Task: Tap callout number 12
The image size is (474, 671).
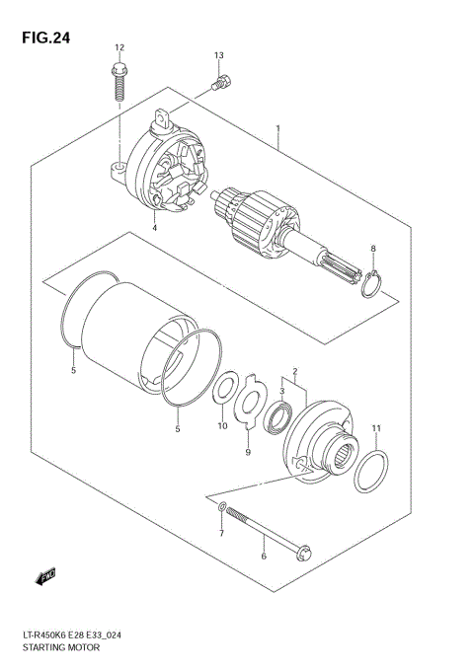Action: (119, 47)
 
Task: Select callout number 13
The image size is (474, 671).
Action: (218, 55)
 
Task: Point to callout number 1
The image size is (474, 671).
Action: (278, 128)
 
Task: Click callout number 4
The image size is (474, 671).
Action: (155, 228)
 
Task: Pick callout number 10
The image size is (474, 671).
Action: (222, 427)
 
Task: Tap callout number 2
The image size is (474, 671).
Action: (292, 374)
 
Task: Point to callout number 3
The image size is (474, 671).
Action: (280, 392)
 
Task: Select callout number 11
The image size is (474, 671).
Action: (375, 426)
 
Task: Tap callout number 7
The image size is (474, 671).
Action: (221, 534)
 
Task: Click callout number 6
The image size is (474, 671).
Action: (263, 557)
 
